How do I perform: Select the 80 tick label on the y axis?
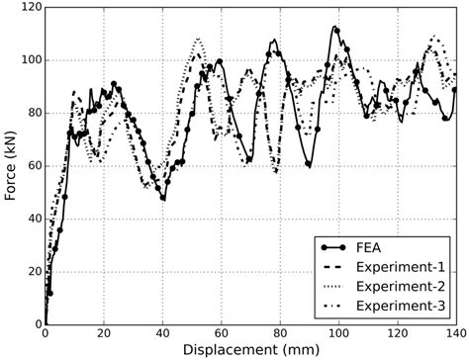pos(32,114)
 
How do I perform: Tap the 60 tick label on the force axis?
pos(32,166)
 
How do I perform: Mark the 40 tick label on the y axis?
pos(32,219)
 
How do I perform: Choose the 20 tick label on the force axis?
pos(32,272)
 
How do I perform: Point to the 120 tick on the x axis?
pos(397,334)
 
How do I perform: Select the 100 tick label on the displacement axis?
pos(338,334)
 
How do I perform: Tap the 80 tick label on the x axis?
pos(279,334)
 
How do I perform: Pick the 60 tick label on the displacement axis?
pos(221,334)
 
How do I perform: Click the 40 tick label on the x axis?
pos(162,334)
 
